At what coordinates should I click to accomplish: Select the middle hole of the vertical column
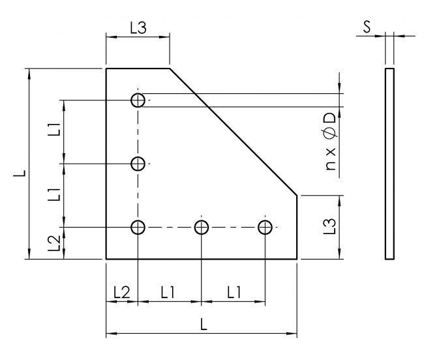coord(138,163)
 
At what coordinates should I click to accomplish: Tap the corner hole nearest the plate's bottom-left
coord(138,227)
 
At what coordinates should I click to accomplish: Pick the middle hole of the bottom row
coord(201,227)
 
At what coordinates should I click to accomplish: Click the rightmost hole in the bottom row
coord(264,227)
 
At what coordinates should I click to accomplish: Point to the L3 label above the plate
coord(138,28)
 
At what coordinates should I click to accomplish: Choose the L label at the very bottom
coord(205,325)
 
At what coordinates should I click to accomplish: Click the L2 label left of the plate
coord(55,243)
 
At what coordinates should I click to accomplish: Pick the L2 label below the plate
coord(121,292)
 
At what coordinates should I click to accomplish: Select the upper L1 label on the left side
coord(55,129)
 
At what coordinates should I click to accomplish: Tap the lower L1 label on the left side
coord(55,194)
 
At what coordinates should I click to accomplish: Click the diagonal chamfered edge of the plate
coord(234,131)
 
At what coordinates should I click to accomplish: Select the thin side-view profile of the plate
coord(389,163)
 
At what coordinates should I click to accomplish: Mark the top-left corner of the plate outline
coord(106,68)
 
